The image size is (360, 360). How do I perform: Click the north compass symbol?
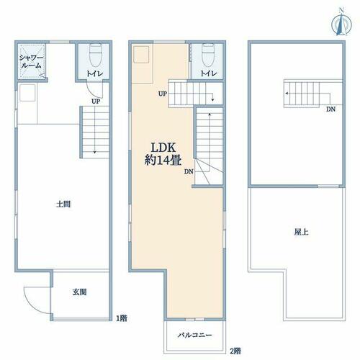(x=341, y=23)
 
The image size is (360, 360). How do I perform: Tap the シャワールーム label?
(x=31, y=61)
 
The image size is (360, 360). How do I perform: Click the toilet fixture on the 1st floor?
(x=95, y=55)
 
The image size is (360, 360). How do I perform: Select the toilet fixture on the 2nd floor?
(x=208, y=55)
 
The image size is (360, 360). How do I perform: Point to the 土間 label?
(x=63, y=204)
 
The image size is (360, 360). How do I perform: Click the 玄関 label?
(x=79, y=292)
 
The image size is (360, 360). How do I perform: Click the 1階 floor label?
(x=122, y=318)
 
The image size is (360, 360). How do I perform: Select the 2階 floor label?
(x=235, y=351)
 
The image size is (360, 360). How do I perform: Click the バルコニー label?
(x=195, y=335)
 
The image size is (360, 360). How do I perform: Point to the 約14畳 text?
(x=163, y=160)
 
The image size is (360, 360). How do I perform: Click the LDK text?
(x=163, y=148)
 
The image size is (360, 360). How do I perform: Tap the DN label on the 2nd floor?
(x=189, y=171)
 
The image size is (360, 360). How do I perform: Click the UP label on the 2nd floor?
(x=163, y=94)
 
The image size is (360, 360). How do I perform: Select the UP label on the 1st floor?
(x=96, y=102)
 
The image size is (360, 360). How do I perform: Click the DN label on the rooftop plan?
(x=330, y=109)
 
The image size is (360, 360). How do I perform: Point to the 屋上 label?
(x=302, y=232)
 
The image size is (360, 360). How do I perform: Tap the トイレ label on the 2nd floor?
(x=209, y=73)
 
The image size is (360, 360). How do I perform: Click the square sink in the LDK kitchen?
(x=141, y=54)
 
